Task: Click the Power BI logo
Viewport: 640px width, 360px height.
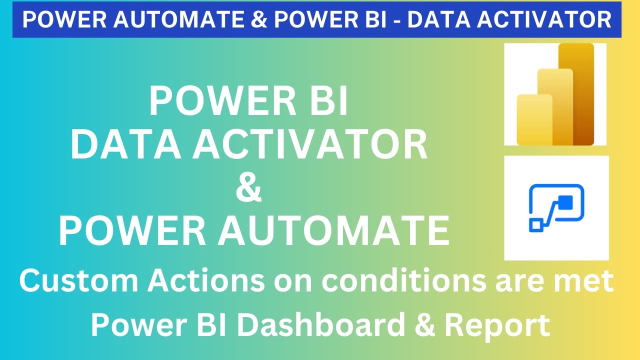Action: pos(555,94)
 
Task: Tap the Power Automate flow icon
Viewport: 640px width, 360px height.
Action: pos(556,208)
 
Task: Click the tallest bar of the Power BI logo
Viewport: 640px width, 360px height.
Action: pos(576,94)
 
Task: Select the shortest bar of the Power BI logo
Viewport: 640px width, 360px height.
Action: pos(534,120)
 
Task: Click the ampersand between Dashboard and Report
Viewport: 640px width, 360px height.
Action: pos(424,325)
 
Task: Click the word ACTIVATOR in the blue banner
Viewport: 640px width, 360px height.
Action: pos(549,19)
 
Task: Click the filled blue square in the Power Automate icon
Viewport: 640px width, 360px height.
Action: pos(565,202)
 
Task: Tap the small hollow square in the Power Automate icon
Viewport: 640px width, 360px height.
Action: pos(535,225)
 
